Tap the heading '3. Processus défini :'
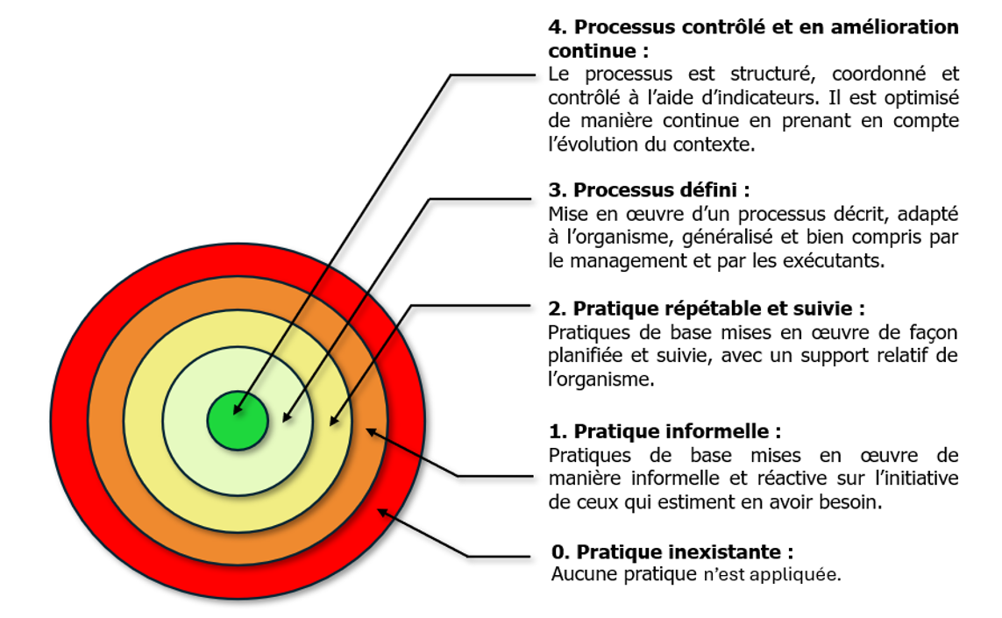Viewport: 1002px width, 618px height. coord(649,190)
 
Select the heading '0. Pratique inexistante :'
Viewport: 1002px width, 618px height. coord(672,552)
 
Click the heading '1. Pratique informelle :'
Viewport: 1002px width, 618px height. coord(664,431)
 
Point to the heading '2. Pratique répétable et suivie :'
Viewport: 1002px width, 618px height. coord(707,309)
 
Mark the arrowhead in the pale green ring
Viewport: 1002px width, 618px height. coord(286,418)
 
